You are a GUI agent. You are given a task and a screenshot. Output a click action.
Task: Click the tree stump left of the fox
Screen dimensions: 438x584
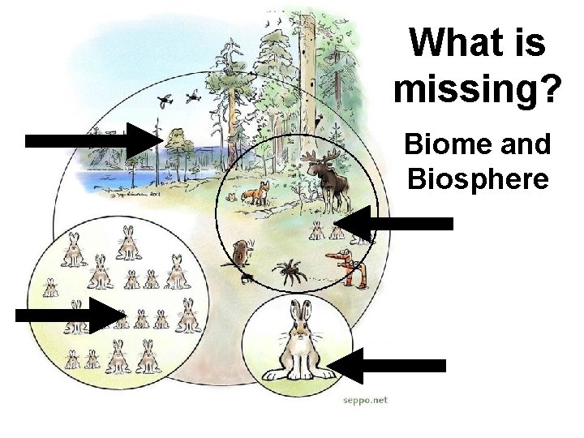tap(233, 195)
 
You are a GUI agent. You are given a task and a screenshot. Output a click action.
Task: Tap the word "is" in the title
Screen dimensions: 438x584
tap(527, 41)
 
